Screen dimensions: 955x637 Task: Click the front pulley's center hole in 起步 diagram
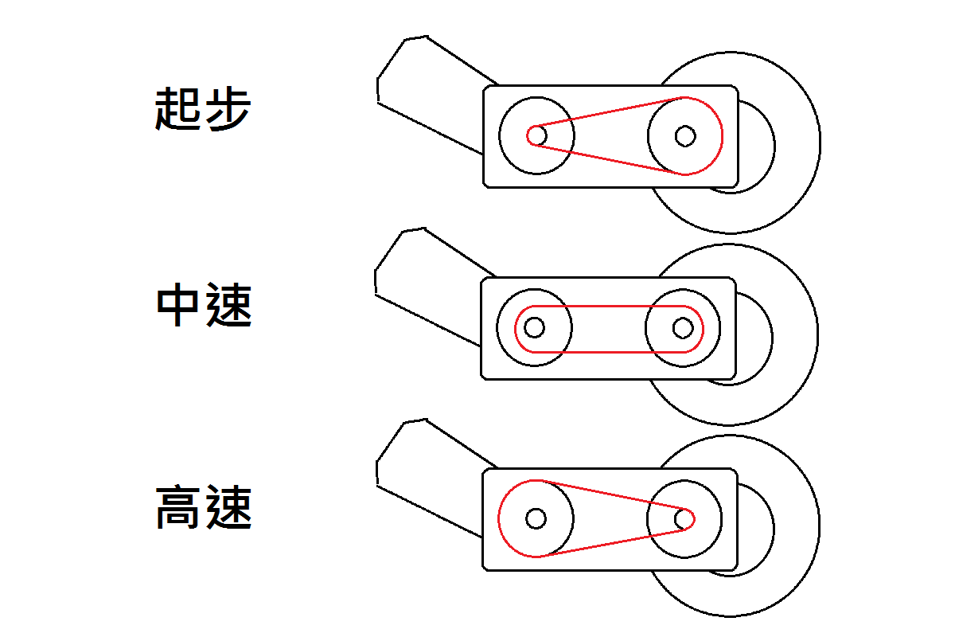click(x=536, y=135)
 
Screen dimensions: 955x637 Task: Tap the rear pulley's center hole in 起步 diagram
click(x=684, y=135)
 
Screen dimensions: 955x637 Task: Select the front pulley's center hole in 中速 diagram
click(x=535, y=327)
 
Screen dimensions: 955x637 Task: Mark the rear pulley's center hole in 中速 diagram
click(x=682, y=327)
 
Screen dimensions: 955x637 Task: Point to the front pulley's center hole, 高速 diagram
click(x=536, y=518)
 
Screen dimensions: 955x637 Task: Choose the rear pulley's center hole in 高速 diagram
click(x=684, y=518)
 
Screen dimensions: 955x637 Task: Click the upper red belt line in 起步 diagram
click(x=609, y=112)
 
